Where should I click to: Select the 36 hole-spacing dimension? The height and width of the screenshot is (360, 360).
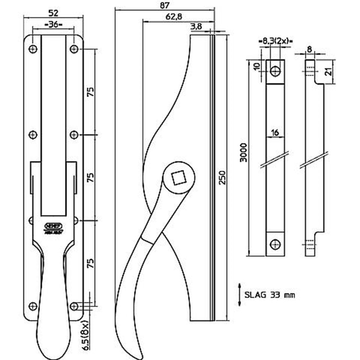53,24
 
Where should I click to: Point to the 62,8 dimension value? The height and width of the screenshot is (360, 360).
174,17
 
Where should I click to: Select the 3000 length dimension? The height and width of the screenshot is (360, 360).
243,153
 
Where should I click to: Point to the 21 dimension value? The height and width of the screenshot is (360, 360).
328,72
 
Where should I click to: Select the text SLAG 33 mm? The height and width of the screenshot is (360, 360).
270,295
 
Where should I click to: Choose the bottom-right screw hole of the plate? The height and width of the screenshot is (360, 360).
74,306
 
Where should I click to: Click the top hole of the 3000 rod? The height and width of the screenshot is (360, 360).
276,71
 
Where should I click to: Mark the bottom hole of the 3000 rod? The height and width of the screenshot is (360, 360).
276,244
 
